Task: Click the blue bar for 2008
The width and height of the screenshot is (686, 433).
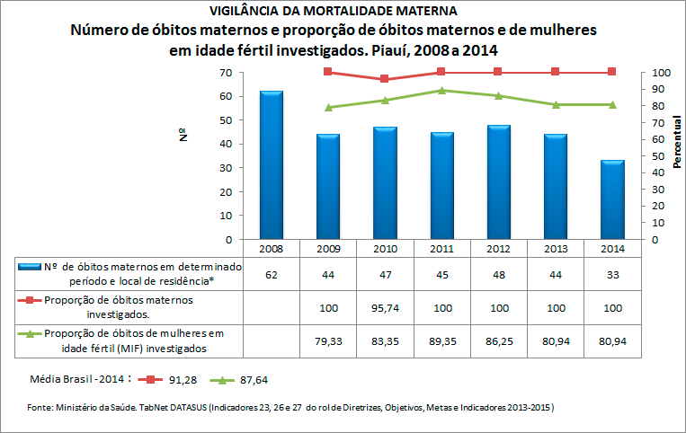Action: point(271,165)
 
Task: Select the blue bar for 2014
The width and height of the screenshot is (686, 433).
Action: point(612,199)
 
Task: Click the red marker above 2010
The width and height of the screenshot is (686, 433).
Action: point(385,79)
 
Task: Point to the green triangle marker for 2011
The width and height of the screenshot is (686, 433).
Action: point(441,90)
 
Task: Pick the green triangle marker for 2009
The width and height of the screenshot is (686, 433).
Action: point(328,107)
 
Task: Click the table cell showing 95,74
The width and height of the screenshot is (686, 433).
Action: point(385,307)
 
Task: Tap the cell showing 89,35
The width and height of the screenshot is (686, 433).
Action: point(441,341)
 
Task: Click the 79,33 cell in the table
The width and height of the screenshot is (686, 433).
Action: point(328,341)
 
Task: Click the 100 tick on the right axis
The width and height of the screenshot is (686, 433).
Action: point(661,72)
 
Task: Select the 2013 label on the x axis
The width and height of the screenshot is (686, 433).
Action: point(556,248)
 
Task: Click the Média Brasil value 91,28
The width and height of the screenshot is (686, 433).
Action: point(183,380)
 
